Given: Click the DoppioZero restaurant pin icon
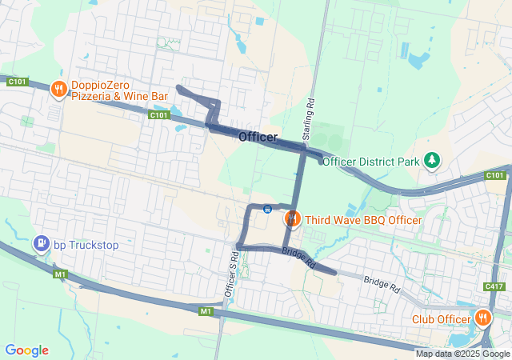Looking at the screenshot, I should coord(58,90).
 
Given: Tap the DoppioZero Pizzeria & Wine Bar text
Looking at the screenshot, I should coord(119,90).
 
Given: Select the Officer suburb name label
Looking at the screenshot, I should coord(258,138).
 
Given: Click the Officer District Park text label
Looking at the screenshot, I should coord(371,162).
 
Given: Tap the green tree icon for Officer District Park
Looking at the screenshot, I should coord(432,161).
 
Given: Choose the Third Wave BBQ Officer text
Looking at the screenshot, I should coord(362,220).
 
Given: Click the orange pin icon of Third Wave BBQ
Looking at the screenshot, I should coord(292,218).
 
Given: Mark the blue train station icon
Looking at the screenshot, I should coord(267,210).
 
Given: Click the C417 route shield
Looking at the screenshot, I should coord(494,286).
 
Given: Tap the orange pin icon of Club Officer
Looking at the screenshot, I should coord(482,318).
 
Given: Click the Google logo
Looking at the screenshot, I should coord(27,350).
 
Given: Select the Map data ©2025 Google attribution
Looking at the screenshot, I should coord(462,354).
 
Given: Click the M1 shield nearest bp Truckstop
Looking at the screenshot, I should coord(60,274).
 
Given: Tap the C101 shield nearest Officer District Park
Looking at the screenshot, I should coord(495,175).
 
